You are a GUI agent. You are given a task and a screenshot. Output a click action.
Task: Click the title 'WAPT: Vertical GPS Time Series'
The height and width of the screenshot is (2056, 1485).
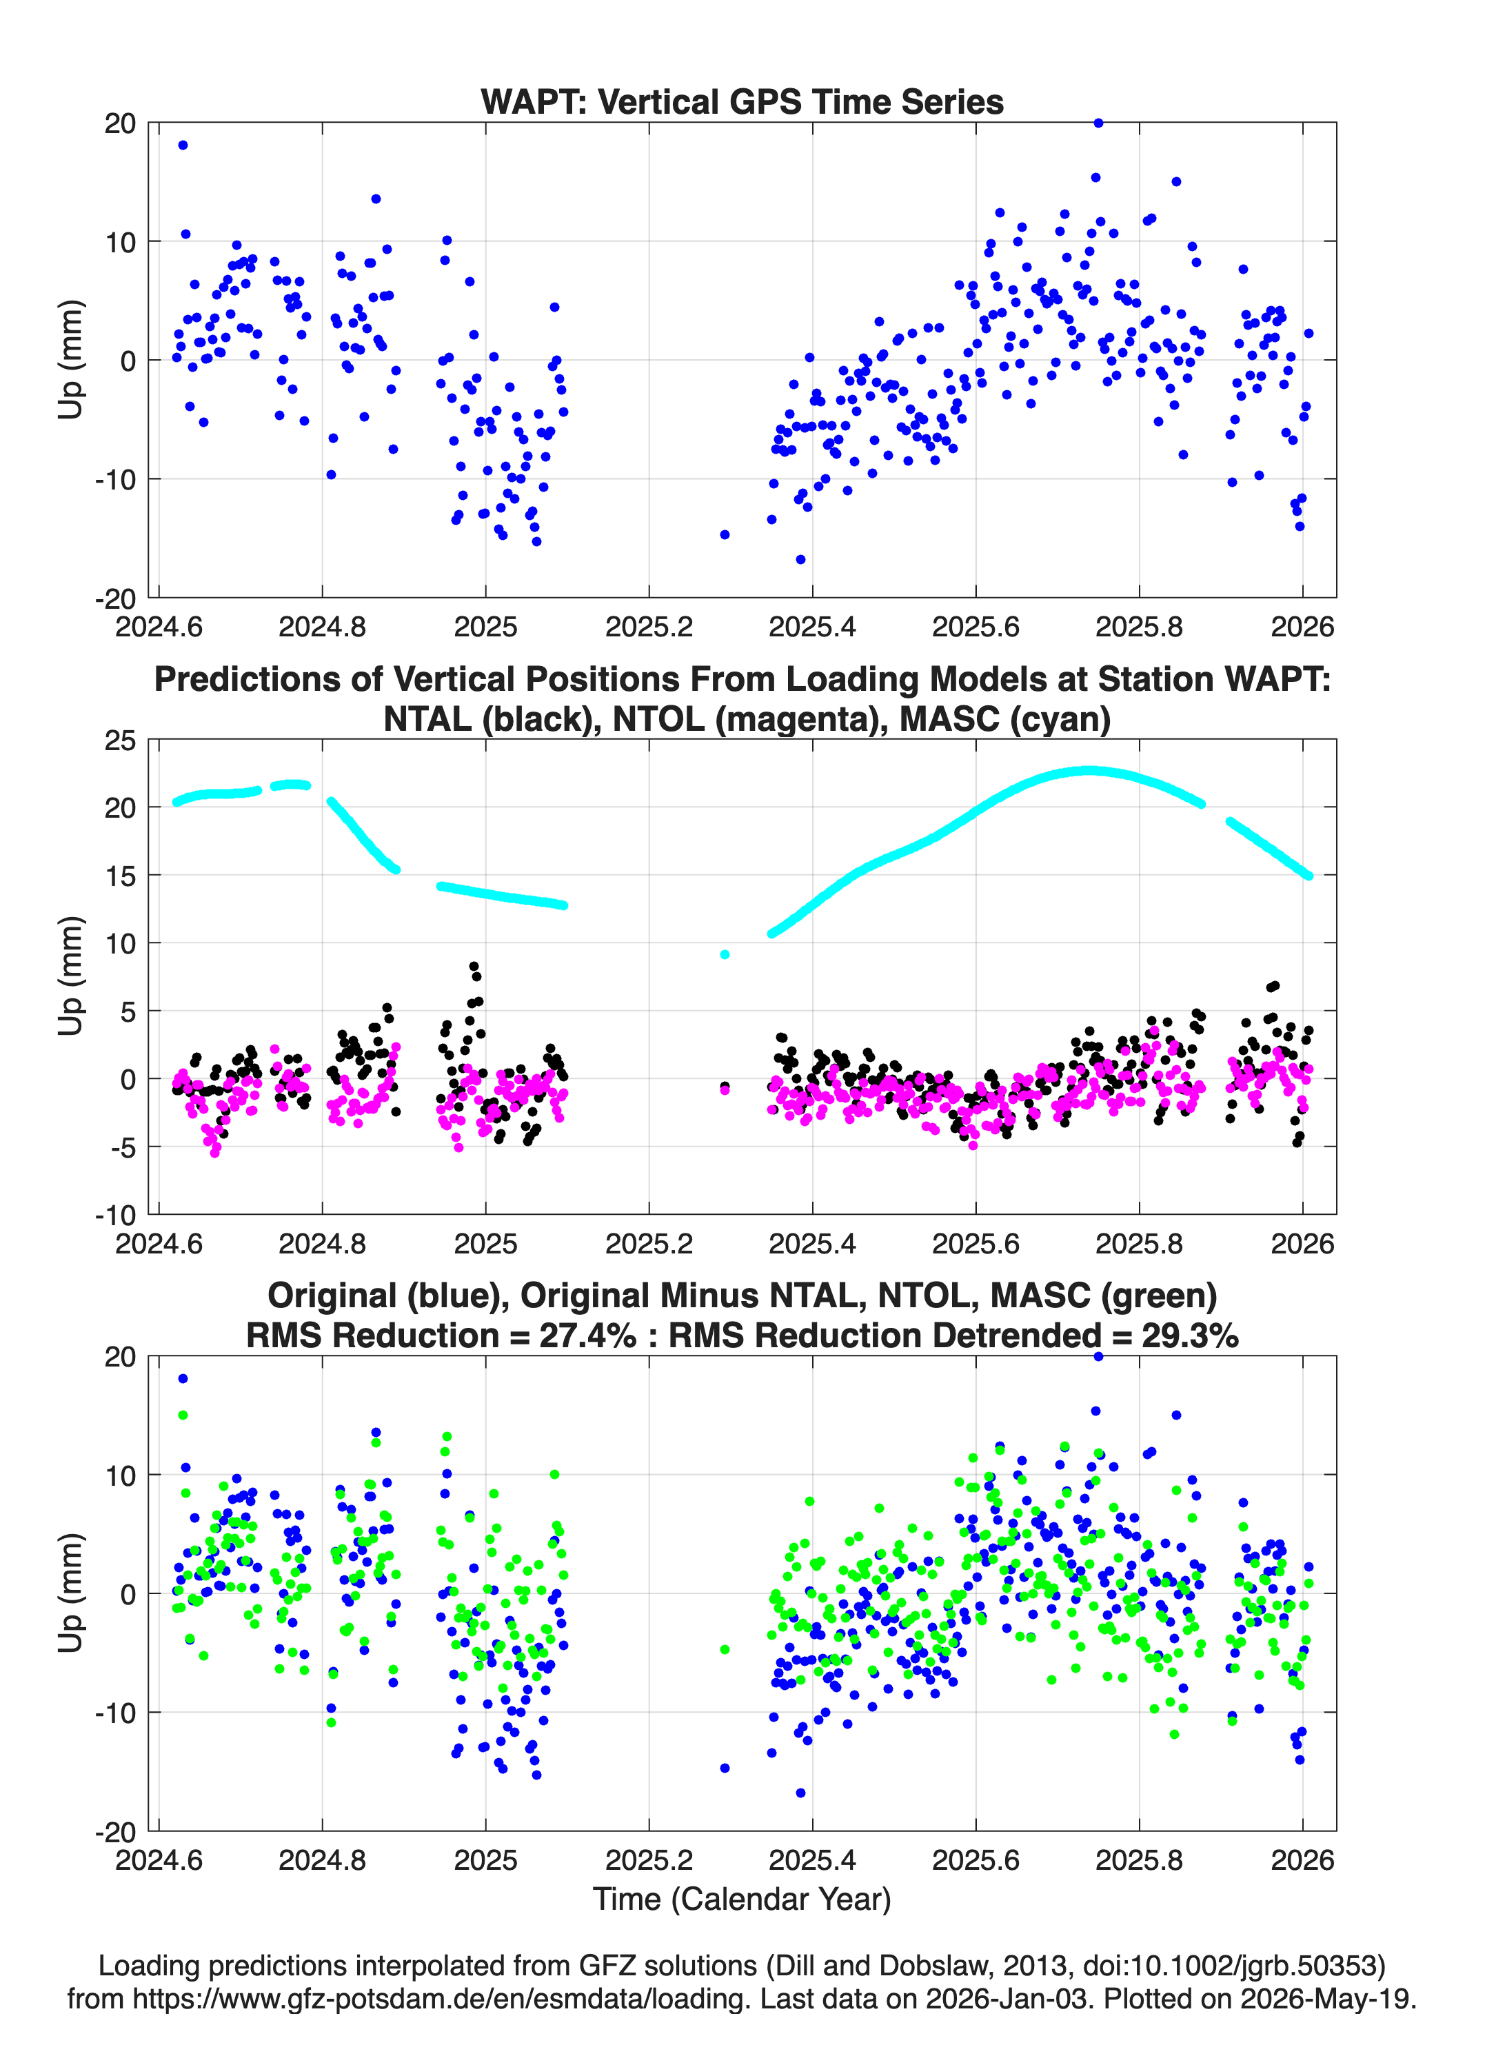click(x=742, y=101)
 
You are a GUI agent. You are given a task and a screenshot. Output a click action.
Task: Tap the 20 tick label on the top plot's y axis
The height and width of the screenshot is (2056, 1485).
click(x=120, y=123)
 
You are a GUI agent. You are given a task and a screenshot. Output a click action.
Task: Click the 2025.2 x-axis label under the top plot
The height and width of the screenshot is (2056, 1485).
click(x=649, y=627)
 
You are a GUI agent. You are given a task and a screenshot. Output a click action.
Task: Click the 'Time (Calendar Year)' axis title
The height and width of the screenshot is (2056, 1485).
click(x=742, y=1899)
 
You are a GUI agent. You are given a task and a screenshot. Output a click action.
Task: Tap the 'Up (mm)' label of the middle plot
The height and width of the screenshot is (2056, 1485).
click(x=71, y=976)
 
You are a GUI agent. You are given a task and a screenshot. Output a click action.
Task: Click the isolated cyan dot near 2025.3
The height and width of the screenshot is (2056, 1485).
click(x=725, y=954)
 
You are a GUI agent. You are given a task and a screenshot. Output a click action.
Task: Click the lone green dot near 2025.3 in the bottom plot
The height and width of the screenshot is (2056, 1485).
click(x=725, y=1650)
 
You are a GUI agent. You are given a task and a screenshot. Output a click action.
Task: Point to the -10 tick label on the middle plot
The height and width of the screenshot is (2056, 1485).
click(x=115, y=1215)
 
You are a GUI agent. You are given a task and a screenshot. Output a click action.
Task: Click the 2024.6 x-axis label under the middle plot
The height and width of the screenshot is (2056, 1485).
click(x=159, y=1244)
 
